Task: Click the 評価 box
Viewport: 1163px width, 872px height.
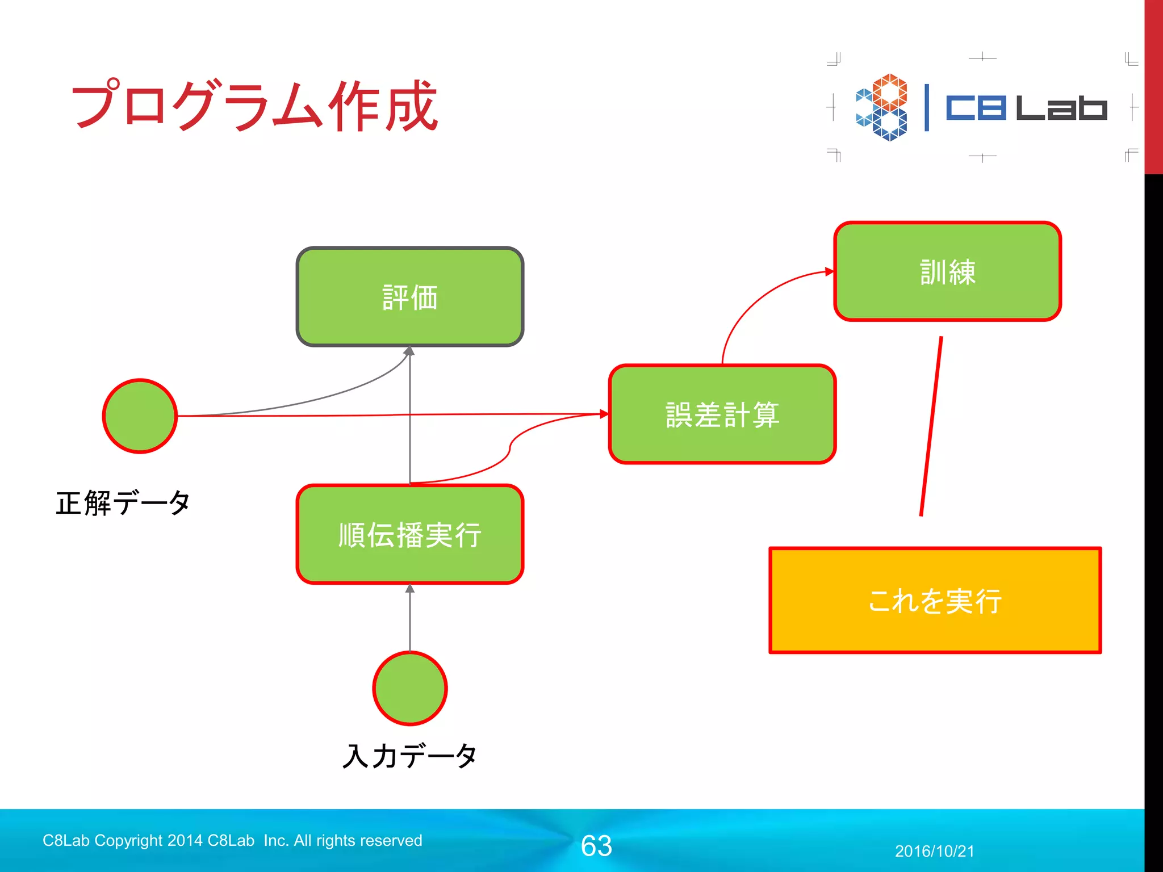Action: point(409,297)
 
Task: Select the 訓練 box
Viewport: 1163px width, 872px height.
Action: point(947,271)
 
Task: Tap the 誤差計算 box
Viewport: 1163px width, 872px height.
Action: point(722,414)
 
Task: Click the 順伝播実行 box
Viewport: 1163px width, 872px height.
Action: point(409,534)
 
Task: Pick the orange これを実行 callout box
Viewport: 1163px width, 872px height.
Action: point(935,601)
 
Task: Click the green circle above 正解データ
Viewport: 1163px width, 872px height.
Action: point(140,416)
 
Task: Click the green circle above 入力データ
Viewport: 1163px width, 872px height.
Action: point(409,688)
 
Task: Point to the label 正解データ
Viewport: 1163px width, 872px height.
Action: point(123,503)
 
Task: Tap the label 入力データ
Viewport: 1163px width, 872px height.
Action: point(409,756)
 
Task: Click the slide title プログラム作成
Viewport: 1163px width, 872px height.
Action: point(254,106)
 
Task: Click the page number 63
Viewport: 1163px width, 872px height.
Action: point(596,846)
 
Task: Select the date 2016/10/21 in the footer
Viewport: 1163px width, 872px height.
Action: point(934,851)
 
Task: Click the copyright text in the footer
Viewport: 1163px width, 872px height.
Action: point(232,840)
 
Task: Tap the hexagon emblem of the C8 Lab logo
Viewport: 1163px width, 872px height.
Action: point(882,107)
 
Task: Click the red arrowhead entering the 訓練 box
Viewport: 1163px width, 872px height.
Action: point(830,272)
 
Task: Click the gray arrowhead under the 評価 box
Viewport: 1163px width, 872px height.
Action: point(409,351)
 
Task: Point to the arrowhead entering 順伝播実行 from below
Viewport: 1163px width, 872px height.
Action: point(409,589)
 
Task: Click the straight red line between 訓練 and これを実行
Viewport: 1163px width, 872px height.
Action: point(931,426)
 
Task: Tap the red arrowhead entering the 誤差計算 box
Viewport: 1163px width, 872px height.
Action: point(604,414)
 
